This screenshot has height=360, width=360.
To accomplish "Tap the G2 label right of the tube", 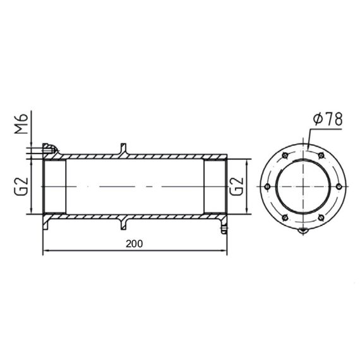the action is pyautogui.click(x=236, y=186).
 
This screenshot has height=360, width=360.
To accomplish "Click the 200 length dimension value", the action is pyautogui.click(x=135, y=244).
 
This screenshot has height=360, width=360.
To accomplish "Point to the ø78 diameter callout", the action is pyautogui.click(x=328, y=119).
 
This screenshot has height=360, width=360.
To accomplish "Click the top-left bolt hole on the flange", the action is pyautogui.click(x=285, y=155).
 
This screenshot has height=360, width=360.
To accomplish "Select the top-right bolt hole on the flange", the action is pyautogui.click(x=321, y=155).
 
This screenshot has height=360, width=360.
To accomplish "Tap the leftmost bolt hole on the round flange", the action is pyautogui.click(x=267, y=186).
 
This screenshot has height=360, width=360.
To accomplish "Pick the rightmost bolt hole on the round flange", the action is pyautogui.click(x=339, y=186).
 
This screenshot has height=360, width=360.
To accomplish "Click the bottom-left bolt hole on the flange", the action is pyautogui.click(x=285, y=217).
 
